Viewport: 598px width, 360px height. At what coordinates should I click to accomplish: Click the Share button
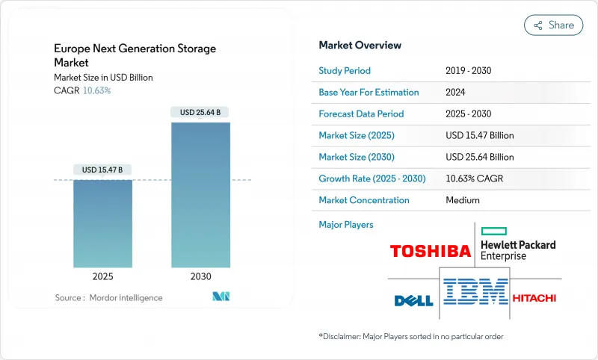point(553,25)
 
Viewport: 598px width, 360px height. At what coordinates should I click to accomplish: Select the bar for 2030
point(200,194)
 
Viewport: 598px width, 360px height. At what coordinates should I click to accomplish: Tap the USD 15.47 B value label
point(102,170)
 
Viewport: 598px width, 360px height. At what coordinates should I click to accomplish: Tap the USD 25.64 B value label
point(200,112)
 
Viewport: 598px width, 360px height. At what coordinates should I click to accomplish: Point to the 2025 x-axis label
point(102,276)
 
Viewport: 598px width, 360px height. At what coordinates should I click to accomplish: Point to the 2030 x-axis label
point(200,276)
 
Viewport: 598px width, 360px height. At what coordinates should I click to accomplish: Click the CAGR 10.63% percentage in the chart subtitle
point(96,90)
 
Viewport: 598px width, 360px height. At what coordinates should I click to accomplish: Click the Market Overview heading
point(360,46)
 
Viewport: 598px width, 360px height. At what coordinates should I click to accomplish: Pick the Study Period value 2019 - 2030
point(468,71)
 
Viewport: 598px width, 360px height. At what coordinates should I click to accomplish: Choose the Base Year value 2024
point(456,93)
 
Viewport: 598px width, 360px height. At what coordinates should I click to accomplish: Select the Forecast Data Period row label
point(361,114)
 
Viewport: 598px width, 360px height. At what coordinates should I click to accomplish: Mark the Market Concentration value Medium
point(462,200)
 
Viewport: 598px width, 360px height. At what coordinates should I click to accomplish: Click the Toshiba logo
point(431,251)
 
